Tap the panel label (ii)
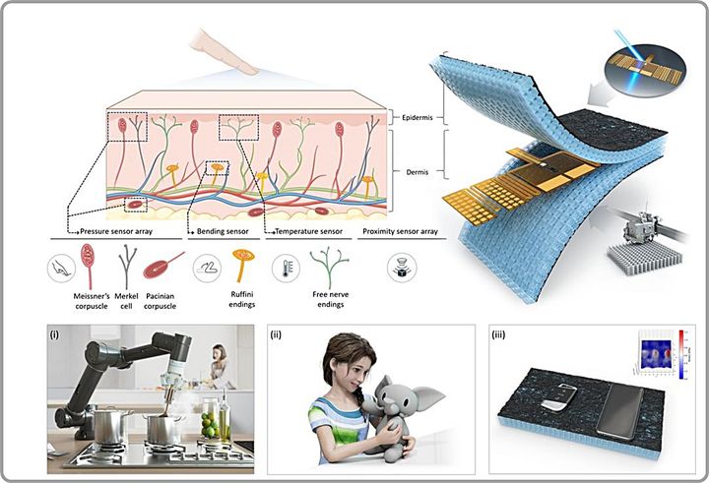(x=281, y=334)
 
